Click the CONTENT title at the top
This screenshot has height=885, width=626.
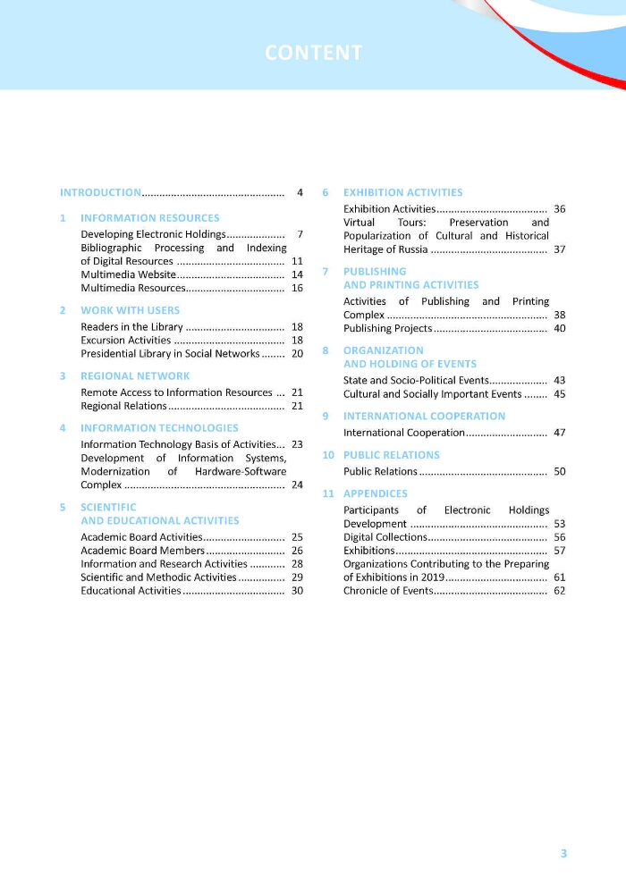click(313, 53)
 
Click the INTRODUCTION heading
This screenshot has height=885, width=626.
click(100, 192)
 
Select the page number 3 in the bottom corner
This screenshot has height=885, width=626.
click(563, 853)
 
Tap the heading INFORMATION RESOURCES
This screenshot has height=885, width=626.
click(149, 217)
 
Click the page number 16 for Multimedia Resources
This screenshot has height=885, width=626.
click(297, 288)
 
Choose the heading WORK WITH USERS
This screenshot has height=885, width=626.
click(130, 310)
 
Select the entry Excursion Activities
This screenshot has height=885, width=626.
click(125, 341)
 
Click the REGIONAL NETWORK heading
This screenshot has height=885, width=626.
click(135, 375)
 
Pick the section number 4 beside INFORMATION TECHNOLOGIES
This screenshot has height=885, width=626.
click(63, 427)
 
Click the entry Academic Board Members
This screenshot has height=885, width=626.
click(142, 551)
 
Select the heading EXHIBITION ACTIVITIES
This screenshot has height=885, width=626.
click(402, 192)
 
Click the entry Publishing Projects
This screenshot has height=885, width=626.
click(387, 329)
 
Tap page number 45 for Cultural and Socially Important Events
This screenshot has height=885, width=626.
click(560, 394)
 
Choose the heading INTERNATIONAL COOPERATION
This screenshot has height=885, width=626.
click(424, 416)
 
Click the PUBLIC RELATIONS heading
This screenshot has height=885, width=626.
click(391, 455)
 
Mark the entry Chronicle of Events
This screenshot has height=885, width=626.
click(388, 591)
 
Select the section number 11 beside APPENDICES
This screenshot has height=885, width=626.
click(327, 493)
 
